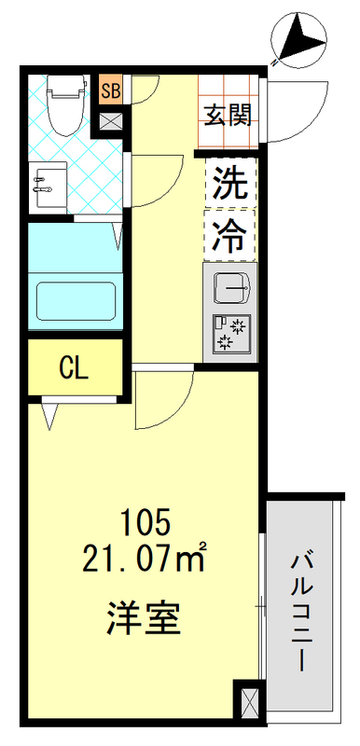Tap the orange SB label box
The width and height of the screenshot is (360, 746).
[110, 90]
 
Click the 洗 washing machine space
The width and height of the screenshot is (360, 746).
[228, 181]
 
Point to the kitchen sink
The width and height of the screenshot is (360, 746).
[227, 288]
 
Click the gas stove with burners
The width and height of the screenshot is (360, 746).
[227, 333]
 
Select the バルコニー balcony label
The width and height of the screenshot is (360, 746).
[300, 611]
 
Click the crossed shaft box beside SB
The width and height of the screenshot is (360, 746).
[110, 119]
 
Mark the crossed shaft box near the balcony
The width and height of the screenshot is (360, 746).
[249, 700]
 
